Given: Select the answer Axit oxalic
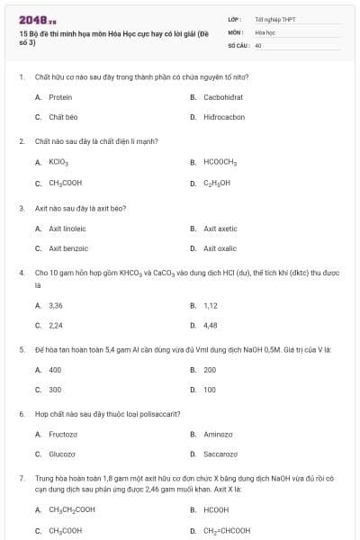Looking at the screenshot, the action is click(220, 248).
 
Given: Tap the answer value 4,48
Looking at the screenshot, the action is click(211, 325).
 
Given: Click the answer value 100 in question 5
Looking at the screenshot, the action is click(210, 390).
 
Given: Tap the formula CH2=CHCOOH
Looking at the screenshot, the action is click(226, 530).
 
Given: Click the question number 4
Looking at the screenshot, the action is click(21, 271).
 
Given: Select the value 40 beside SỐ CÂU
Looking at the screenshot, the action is click(258, 44).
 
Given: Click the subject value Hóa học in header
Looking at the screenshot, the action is click(265, 31).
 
